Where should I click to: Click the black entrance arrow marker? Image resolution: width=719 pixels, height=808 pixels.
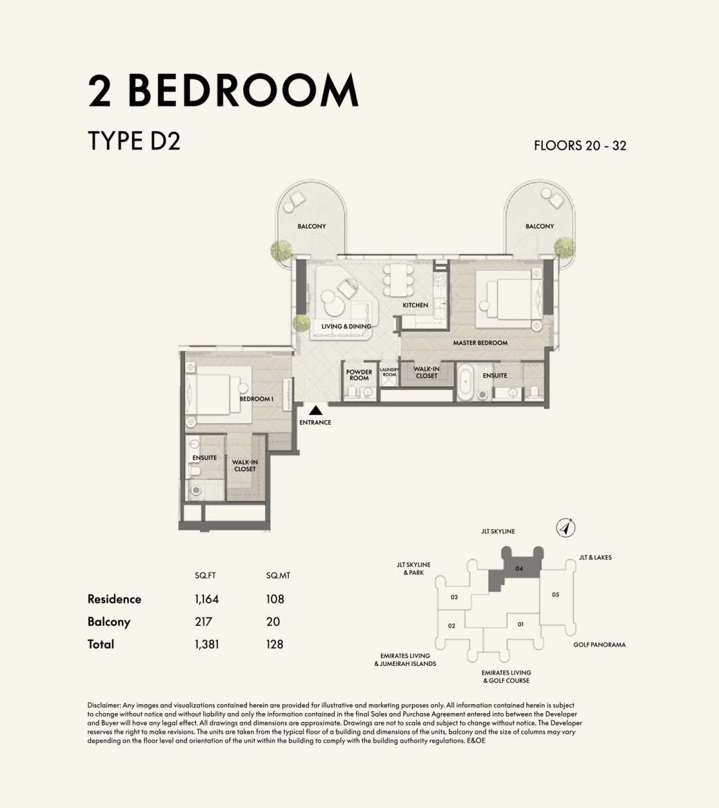316,410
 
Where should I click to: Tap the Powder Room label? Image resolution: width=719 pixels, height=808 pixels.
359,375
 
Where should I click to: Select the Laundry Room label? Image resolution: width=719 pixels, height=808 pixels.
389,372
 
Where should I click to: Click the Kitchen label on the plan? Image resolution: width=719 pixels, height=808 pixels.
415,305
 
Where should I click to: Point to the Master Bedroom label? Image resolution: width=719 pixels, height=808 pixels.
480,343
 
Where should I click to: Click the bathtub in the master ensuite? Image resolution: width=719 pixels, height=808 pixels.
465,381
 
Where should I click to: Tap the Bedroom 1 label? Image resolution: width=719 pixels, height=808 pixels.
256,399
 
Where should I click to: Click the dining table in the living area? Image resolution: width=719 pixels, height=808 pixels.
399,280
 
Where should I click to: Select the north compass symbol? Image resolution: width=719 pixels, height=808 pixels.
566,529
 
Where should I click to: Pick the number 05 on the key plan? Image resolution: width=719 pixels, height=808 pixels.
555,595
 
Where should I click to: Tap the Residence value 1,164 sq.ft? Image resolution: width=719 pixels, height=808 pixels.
207,599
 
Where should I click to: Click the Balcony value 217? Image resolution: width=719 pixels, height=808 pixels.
203,621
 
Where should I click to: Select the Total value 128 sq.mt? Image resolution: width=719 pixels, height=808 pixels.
275,644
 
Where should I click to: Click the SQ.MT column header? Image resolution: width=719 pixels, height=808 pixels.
278,576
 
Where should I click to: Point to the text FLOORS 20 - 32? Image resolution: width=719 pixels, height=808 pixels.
580,145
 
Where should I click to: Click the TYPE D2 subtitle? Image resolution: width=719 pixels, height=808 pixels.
134,141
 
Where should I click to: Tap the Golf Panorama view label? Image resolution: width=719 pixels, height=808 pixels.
599,645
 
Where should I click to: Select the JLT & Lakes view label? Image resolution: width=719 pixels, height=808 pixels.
595,558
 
